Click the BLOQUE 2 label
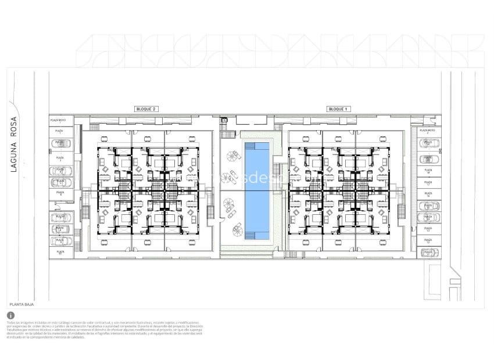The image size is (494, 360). coord(146,109)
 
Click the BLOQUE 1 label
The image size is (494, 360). coord(338,109)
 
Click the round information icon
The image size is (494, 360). coord(10,315)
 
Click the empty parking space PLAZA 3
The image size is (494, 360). coord(60,157)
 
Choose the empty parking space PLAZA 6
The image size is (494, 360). coord(60,193)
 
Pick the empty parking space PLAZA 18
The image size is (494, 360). coord(428,172)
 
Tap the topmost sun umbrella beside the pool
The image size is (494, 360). coord(234,156)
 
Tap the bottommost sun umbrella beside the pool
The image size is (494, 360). coord(238,231)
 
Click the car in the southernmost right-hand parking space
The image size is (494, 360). coord(428,252)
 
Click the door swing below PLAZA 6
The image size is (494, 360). coord(56,204)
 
